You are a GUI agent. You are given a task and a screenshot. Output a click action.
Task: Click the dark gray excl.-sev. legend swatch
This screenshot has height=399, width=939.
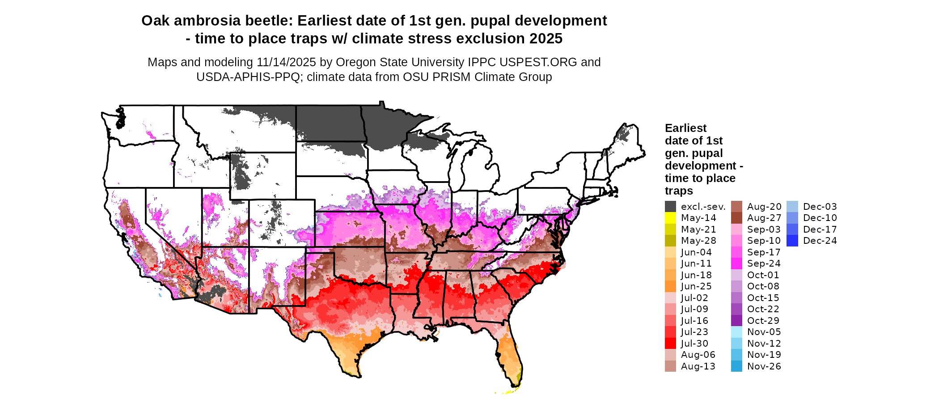point(670,207)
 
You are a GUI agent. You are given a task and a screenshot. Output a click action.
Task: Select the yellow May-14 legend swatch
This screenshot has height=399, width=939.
point(670,218)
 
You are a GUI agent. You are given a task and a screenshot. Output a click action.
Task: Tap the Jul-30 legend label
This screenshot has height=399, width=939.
point(694,344)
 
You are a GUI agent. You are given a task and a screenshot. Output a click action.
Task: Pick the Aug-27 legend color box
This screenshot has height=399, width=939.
point(736,218)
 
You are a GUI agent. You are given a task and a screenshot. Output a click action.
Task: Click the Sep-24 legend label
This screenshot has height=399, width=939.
point(764,264)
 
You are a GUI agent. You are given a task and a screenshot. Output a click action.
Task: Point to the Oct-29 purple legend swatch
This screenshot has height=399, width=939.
point(736,321)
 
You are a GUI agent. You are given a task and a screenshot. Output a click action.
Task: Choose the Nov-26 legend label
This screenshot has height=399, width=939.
point(764,366)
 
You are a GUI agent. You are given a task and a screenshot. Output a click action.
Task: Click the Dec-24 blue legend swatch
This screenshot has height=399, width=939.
point(792,241)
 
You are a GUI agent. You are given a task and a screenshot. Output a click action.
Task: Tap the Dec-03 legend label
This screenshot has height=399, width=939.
point(820,207)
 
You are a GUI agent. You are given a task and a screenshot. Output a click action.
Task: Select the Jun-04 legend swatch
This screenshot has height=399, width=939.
point(670,252)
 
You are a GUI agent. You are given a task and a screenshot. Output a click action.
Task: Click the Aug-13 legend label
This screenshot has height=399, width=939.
point(698,366)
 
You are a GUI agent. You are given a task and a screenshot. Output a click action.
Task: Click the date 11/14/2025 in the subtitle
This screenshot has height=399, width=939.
point(286,62)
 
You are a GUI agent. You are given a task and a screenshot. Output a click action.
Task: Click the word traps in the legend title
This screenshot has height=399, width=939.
point(679,191)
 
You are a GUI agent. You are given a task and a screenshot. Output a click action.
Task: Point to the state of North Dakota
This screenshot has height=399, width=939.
point(329,123)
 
